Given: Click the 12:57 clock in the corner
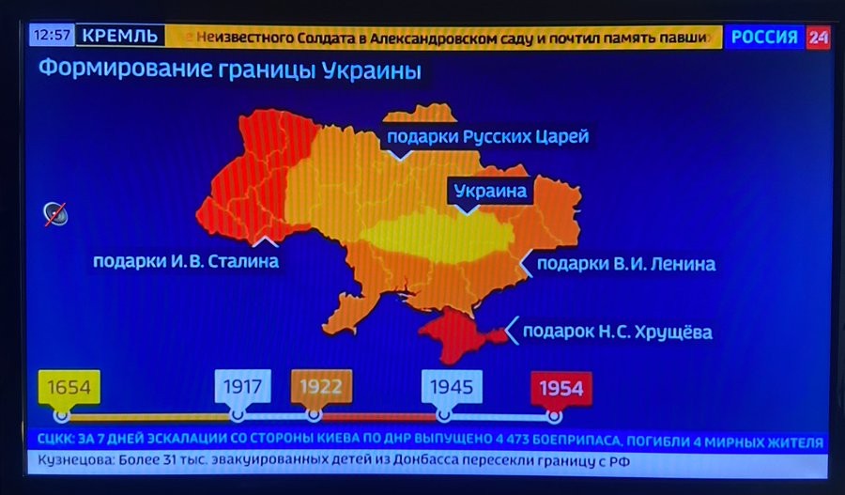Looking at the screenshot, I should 51,37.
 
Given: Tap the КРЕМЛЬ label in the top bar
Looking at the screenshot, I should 120,37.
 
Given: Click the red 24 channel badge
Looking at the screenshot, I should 818,38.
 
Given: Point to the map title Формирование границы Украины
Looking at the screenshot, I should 229,70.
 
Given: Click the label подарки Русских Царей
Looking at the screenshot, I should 487,137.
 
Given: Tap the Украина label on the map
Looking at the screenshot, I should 490,192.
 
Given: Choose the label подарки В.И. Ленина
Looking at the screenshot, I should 625,264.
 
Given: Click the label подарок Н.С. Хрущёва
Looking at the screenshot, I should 617,332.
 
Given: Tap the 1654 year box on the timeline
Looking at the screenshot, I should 69,386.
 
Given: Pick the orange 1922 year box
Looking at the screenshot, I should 321,385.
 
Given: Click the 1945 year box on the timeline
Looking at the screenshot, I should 452,385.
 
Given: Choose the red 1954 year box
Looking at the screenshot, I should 561,386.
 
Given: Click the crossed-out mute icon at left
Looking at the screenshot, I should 54,214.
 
